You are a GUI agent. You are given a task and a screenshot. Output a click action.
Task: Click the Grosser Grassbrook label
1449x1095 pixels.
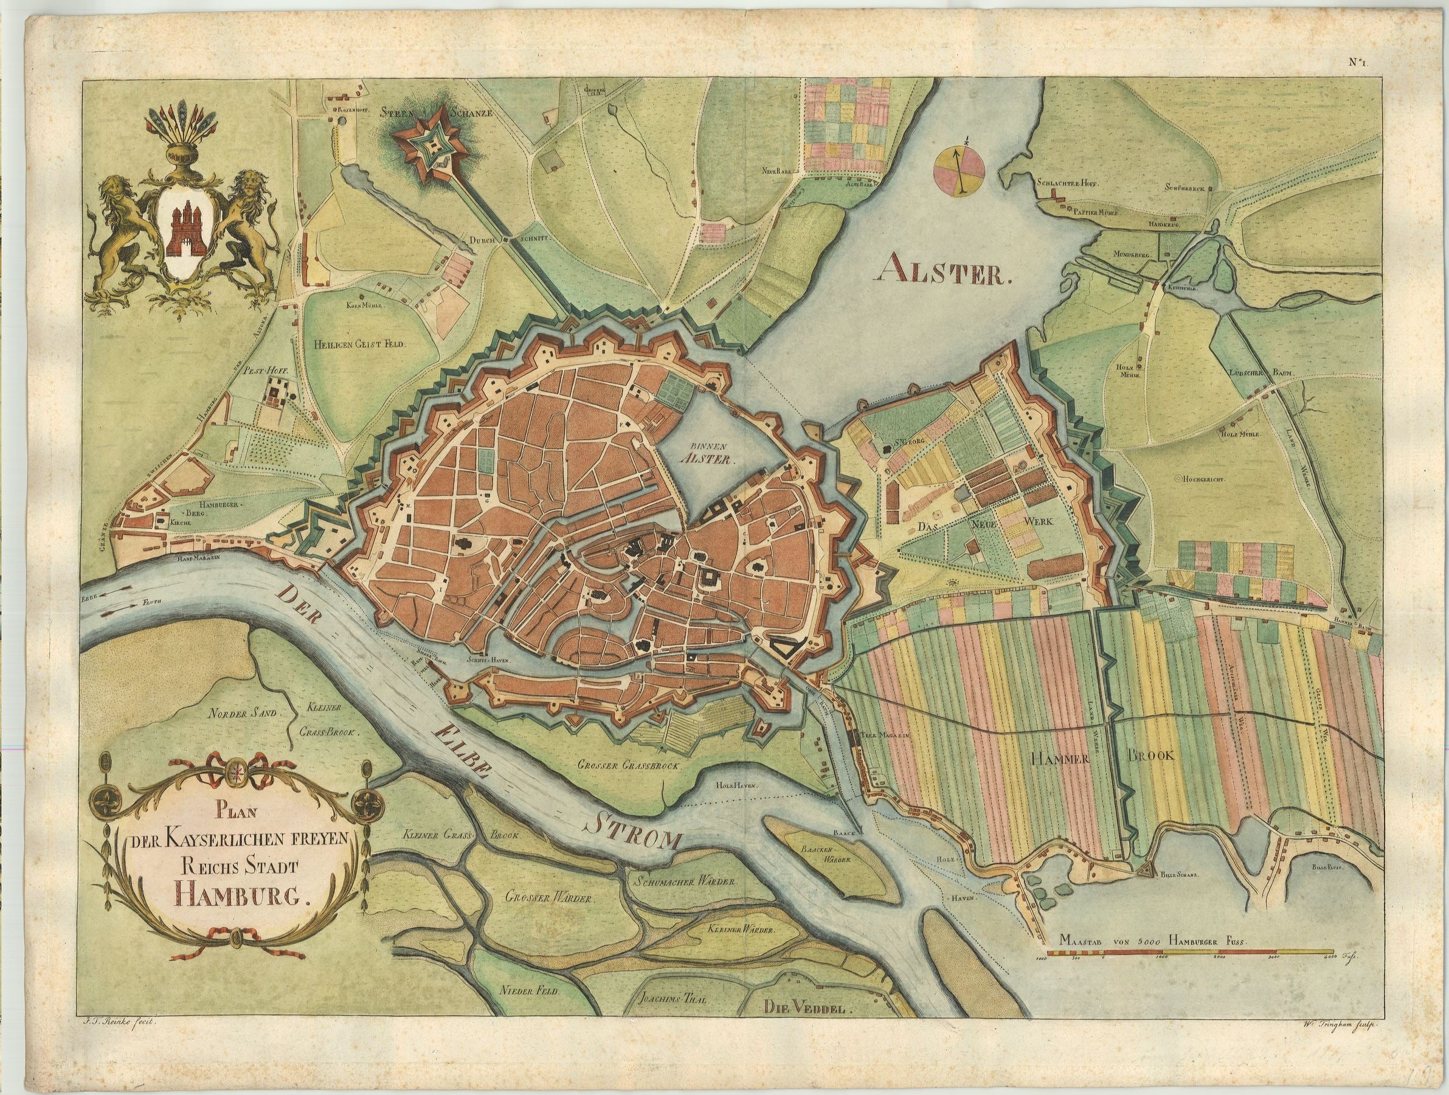(630, 765)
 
